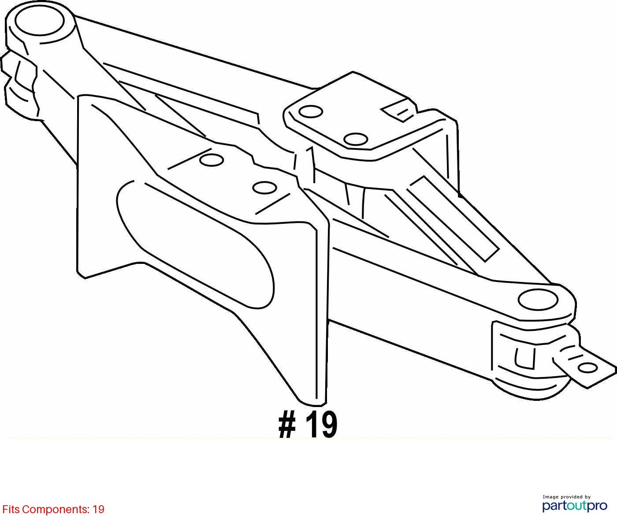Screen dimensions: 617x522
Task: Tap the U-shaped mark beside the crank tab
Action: point(524,358)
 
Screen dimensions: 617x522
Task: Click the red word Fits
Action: point(11,510)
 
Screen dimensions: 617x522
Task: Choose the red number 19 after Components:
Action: point(98,510)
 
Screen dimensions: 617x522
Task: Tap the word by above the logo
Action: point(587,497)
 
